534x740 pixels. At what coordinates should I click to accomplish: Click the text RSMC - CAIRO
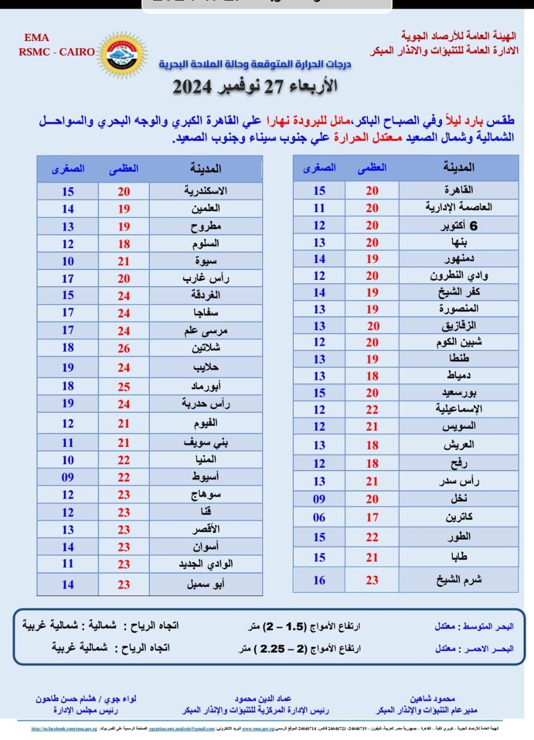coord(57,51)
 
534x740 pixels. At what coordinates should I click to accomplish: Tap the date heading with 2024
coord(255,87)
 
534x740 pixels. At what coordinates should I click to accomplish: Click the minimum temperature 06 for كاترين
coord(319,517)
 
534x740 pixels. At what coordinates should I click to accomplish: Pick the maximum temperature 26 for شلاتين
coord(124,348)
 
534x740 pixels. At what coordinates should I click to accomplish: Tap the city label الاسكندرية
coord(205,191)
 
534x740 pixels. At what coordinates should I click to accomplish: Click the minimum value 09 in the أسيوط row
coord(68,477)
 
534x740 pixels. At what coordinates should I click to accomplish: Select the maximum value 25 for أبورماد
coord(124,386)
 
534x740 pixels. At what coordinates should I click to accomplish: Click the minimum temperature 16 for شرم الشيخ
coord(319,580)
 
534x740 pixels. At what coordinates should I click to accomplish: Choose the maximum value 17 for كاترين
coord(371,517)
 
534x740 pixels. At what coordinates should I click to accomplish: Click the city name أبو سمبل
coord(206,584)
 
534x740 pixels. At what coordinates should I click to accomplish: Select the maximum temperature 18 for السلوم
coord(124,244)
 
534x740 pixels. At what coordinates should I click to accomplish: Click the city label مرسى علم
coord(206,331)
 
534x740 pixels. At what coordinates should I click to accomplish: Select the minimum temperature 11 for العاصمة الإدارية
coord(319,208)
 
